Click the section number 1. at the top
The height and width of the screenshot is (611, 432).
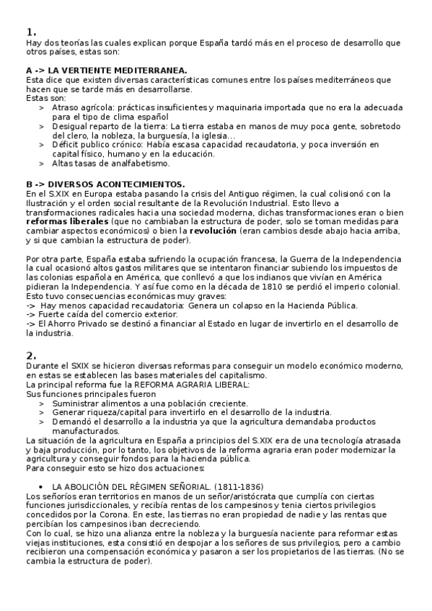(x=31, y=32)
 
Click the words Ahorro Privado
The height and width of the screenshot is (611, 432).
(x=71, y=324)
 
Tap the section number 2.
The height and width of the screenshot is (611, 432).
(x=31, y=355)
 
